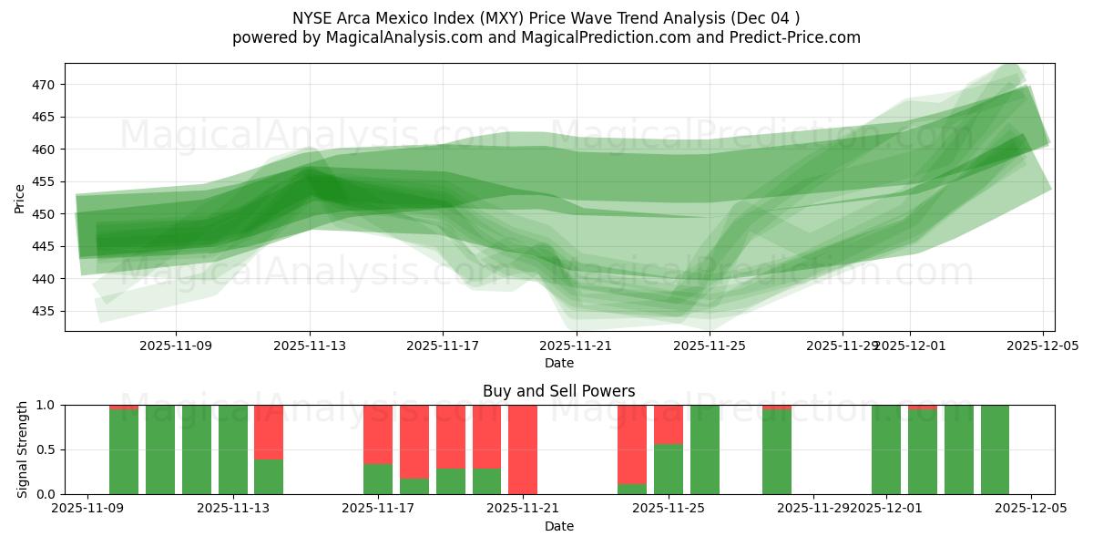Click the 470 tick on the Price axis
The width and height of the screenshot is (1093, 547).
(x=46, y=85)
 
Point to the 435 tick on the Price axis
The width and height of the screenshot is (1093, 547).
(x=46, y=311)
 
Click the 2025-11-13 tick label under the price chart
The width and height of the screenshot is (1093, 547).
(x=310, y=346)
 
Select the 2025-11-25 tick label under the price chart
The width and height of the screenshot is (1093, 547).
(x=710, y=346)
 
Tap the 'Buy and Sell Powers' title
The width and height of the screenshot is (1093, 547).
(x=558, y=391)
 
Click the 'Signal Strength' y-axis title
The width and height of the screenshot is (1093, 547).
(x=23, y=449)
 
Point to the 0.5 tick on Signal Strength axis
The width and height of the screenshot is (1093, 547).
(x=46, y=449)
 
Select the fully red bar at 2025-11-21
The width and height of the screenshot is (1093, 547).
(x=523, y=449)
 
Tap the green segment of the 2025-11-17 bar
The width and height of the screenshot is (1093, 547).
(x=378, y=479)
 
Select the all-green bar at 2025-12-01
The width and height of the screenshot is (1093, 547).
(x=886, y=449)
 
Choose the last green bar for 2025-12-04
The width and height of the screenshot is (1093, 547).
(x=995, y=449)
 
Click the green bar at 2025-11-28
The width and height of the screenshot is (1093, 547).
(x=777, y=452)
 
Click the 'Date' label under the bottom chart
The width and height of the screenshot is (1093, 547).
(x=558, y=526)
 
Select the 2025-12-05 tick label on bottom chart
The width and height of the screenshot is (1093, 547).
(x=1031, y=509)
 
